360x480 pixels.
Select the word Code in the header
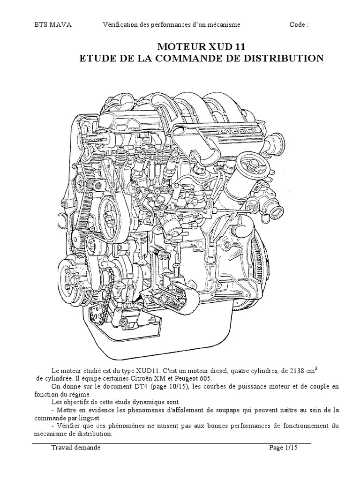pyautogui.click(x=298, y=25)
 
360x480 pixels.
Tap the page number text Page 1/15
pyautogui.click(x=284, y=448)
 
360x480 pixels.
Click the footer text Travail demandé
pyautogui.click(x=76, y=448)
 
